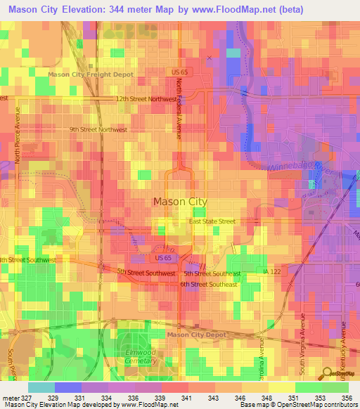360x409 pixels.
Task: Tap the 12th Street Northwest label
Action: pyautogui.click(x=146, y=99)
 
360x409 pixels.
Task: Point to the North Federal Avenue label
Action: pyautogui.click(x=179, y=108)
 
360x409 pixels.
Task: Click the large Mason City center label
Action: pyautogui.click(x=180, y=202)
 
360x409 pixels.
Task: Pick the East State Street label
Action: pyautogui.click(x=212, y=221)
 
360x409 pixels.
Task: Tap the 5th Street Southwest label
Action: pyautogui.click(x=146, y=271)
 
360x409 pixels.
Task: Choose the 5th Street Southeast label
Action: pyautogui.click(x=212, y=273)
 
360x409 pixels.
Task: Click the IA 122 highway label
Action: pyautogui.click(x=272, y=271)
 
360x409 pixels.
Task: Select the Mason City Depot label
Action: pyautogui.click(x=197, y=335)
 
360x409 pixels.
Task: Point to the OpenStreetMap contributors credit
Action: pyautogui.click(x=321, y=405)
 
